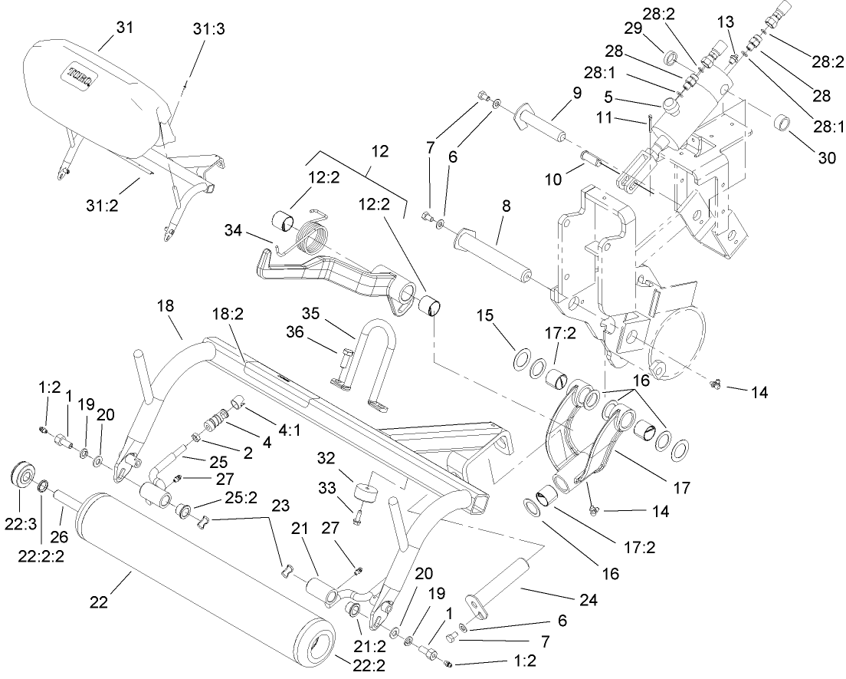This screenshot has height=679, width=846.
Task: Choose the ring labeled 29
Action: click(670, 58)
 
